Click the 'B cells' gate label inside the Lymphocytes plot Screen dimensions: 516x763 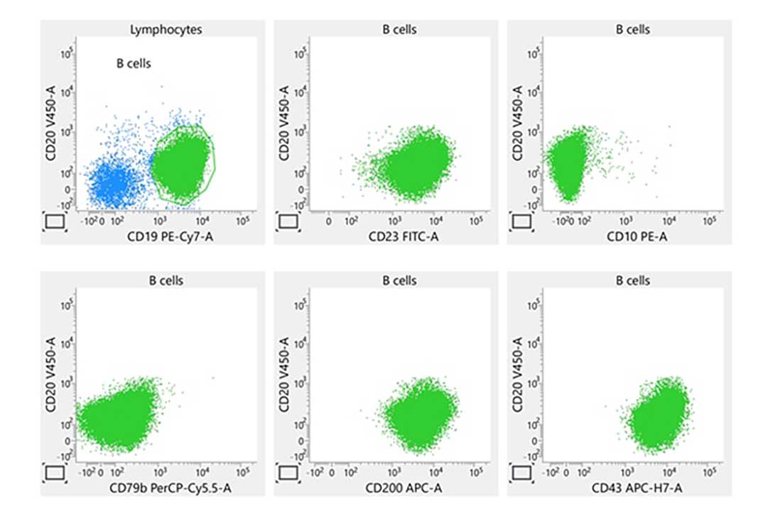[134, 64]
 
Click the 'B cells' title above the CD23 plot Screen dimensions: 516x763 [399, 30]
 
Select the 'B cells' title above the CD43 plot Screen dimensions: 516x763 [632, 280]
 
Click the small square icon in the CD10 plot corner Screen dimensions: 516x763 [521, 222]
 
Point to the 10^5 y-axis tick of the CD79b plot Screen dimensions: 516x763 [64, 304]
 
